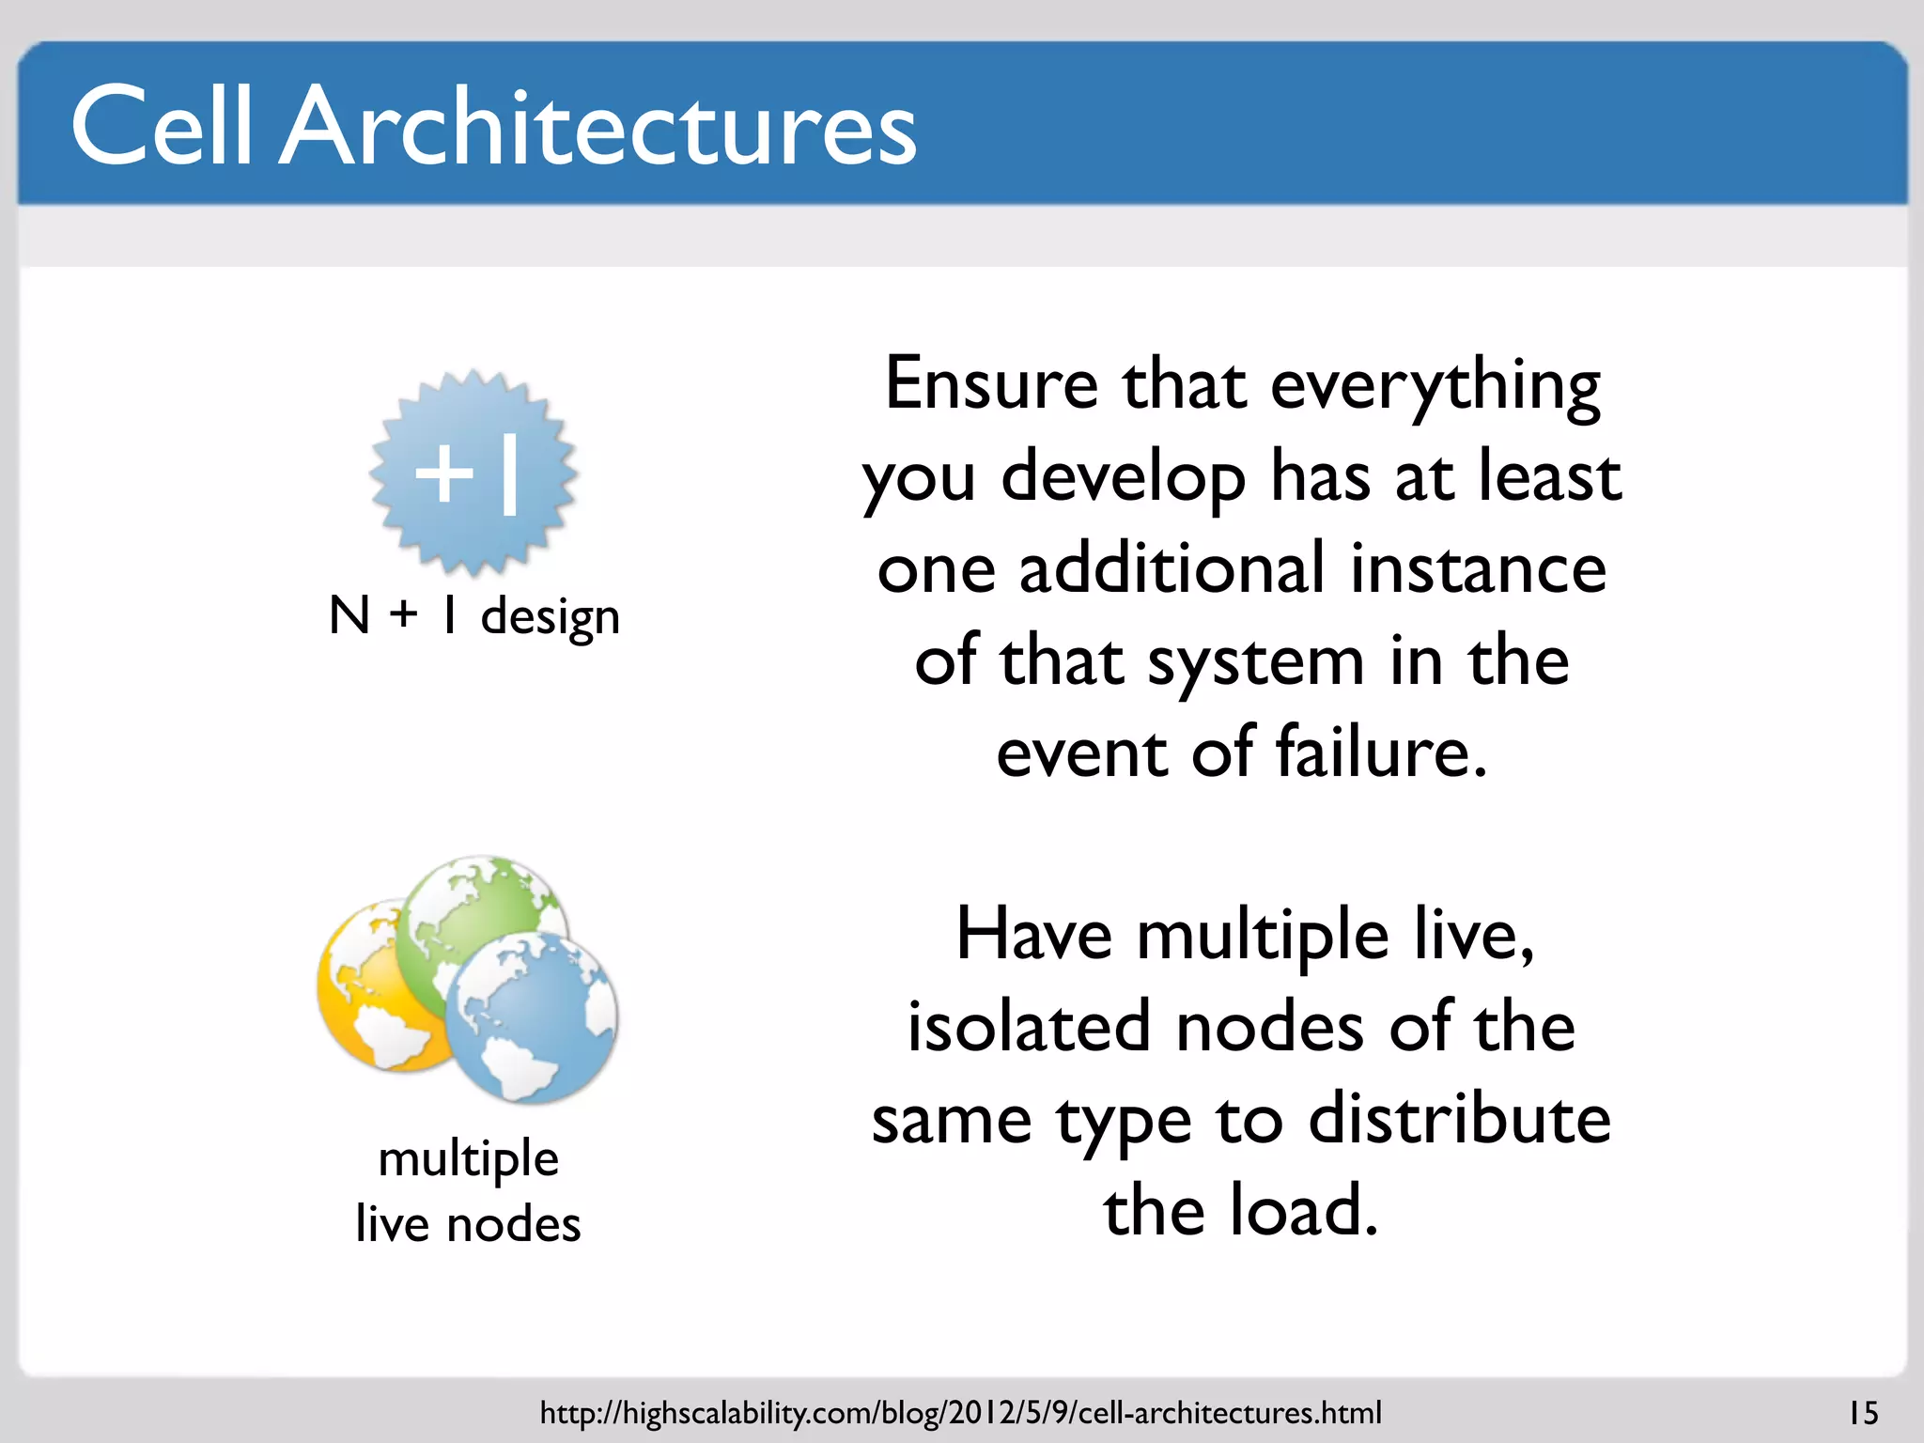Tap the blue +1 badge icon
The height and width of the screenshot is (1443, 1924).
click(473, 473)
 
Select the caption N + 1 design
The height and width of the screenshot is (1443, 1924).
click(474, 617)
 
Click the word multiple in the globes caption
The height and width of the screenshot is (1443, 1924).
click(468, 1158)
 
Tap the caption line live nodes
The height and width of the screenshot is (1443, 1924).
click(468, 1224)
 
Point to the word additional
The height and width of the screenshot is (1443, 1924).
click(1172, 569)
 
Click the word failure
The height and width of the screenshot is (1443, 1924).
click(1381, 753)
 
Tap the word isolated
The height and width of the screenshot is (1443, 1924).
click(1029, 1027)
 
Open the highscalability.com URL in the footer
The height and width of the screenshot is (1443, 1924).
click(960, 1413)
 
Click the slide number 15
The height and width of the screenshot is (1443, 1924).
click(1863, 1413)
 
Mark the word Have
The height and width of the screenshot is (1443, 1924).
click(1033, 936)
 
